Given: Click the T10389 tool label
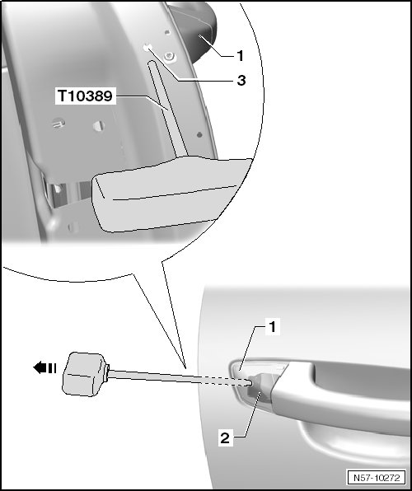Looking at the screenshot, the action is pyautogui.click(x=85, y=96).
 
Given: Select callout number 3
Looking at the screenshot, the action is pyautogui.click(x=241, y=81).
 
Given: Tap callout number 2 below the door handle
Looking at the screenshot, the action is pyautogui.click(x=225, y=437).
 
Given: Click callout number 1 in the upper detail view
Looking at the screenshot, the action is pyautogui.click(x=240, y=56).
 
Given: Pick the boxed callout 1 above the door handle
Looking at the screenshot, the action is pyautogui.click(x=273, y=327).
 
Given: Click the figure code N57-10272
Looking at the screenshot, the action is pyautogui.click(x=377, y=478).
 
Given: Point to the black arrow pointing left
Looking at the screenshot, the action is pyautogui.click(x=44, y=367).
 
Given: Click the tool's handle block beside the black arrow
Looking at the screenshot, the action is pyautogui.click(x=85, y=374).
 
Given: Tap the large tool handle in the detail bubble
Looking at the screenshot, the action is pyautogui.click(x=171, y=194).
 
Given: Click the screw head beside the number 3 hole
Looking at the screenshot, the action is pyautogui.click(x=170, y=57).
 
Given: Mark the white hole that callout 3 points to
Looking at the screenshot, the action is pyautogui.click(x=147, y=48).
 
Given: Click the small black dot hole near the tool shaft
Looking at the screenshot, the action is pyautogui.click(x=199, y=135).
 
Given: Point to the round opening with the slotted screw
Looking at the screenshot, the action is pyautogui.click(x=59, y=123).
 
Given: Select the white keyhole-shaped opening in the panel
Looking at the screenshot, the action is pyautogui.click(x=99, y=126).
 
